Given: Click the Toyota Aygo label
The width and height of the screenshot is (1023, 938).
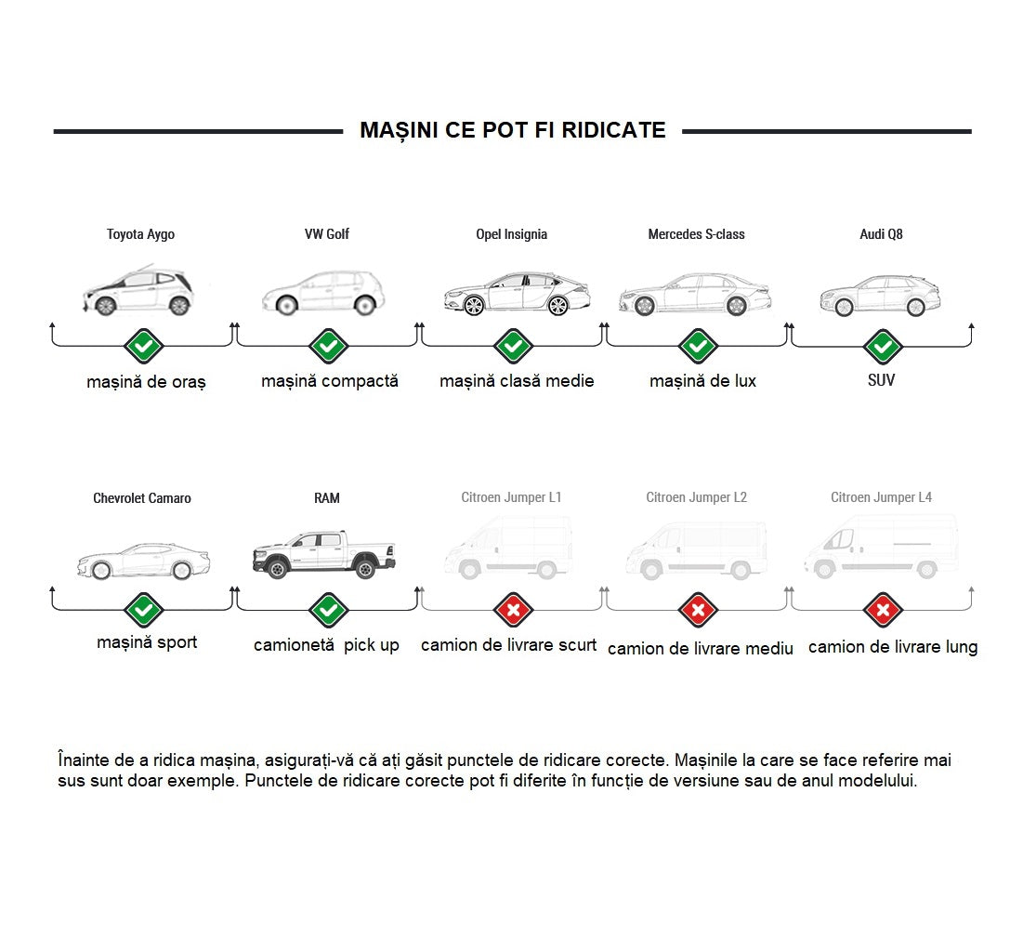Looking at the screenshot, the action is point(141,234).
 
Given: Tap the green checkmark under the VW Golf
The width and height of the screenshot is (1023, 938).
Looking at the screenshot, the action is point(328,346).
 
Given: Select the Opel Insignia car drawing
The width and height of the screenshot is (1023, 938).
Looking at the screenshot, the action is point(518,294).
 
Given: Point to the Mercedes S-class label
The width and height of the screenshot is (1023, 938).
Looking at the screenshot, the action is point(696,233).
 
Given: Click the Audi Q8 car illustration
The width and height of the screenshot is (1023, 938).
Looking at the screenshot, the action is point(880,296).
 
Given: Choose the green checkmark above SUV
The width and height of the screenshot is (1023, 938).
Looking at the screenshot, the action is point(883,346).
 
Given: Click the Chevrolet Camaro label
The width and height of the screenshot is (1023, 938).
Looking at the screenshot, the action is point(142,498).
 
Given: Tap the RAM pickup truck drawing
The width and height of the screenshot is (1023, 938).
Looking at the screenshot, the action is point(324,554).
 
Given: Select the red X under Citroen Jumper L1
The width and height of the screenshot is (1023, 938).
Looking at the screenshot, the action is point(514,611).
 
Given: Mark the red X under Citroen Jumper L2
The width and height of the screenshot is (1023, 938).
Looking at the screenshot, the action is point(698,611).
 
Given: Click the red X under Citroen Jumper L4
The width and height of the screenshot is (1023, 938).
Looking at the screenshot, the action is point(883,611).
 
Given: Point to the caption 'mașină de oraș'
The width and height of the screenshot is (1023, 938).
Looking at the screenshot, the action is point(146,382).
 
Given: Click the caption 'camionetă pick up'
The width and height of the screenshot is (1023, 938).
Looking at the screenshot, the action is point(326,645).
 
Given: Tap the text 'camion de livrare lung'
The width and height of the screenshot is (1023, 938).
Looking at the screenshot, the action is point(893,647).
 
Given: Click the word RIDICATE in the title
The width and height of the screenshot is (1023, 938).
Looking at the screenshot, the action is point(613,130).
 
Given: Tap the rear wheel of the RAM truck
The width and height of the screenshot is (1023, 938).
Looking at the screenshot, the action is point(365,568).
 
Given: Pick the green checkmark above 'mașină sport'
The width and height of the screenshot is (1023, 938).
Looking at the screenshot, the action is point(143,611).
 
